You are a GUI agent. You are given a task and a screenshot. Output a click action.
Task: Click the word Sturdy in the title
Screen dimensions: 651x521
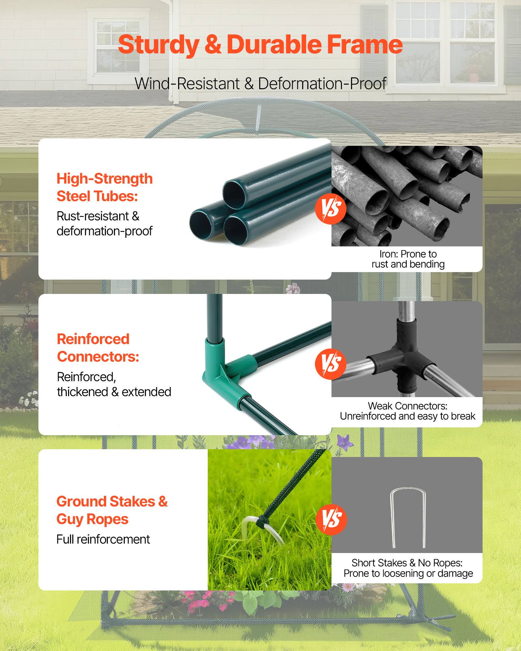coord(158,45)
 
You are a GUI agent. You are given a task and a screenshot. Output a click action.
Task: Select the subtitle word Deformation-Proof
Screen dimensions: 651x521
coord(322,84)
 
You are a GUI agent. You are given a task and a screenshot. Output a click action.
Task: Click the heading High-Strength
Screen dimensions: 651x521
coord(105,179)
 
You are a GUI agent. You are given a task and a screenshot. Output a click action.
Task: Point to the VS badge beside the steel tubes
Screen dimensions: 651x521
coord(331,209)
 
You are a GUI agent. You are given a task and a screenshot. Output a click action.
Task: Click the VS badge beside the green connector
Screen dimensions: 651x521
coord(331,364)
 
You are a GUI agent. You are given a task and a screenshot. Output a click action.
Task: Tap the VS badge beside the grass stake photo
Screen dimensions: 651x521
coord(331,519)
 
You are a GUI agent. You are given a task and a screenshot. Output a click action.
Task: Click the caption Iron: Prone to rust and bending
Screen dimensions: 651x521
coord(408,259)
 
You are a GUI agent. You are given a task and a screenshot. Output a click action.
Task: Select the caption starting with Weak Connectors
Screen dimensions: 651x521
coord(407,411)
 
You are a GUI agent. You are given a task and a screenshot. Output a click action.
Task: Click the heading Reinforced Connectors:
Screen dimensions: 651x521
coord(98,348)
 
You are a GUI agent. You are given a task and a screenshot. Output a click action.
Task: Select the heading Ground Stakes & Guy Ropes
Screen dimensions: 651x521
coord(112,510)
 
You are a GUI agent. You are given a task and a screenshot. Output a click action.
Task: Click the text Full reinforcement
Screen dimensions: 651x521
coord(103,539)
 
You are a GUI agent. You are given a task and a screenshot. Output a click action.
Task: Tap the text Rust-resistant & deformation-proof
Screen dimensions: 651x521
coord(104,224)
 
